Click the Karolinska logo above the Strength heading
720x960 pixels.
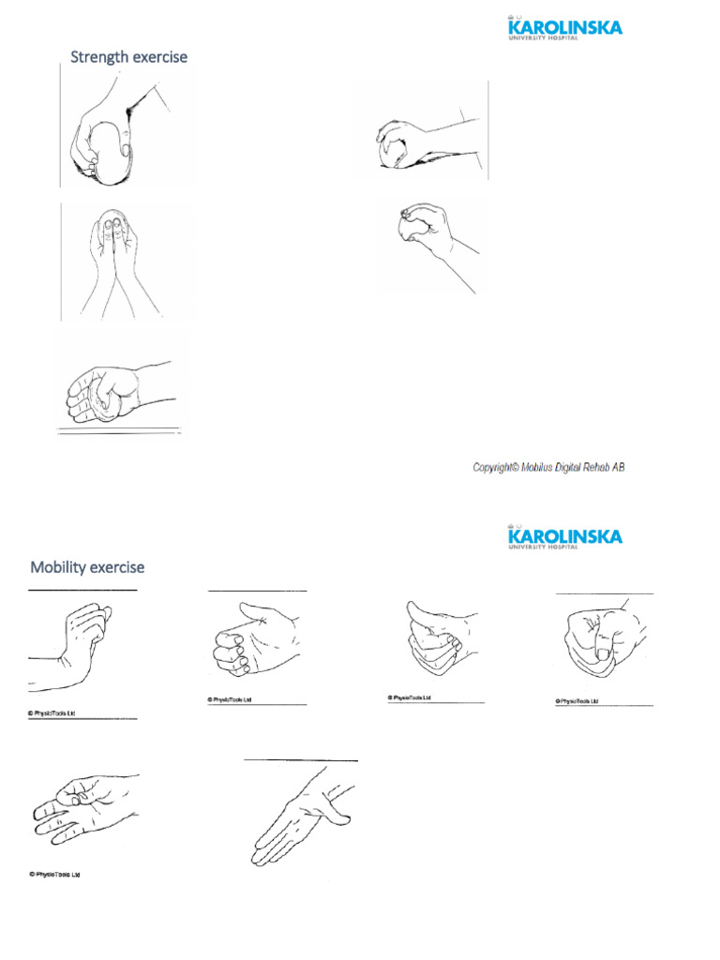point(562,27)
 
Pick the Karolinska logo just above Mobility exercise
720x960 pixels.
point(562,536)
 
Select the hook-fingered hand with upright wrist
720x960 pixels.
point(75,642)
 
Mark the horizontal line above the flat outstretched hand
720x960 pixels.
point(300,759)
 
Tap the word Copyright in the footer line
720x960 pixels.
point(494,467)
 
